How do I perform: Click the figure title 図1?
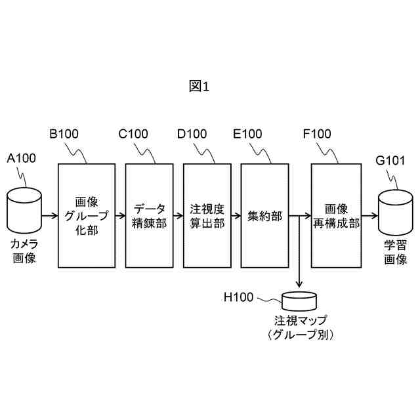pyautogui.click(x=198, y=86)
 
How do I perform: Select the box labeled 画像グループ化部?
pyautogui.click(x=82, y=215)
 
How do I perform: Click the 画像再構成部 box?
pyautogui.click(x=337, y=215)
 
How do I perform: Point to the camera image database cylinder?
pyautogui.click(x=24, y=210)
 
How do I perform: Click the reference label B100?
pyautogui.click(x=64, y=135)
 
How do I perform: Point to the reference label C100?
pyautogui.click(x=133, y=135)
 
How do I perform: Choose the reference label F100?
pyautogui.click(x=317, y=135)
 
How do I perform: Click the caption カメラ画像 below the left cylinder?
pyautogui.click(x=24, y=251)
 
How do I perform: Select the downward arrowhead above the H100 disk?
pyautogui.click(x=299, y=284)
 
